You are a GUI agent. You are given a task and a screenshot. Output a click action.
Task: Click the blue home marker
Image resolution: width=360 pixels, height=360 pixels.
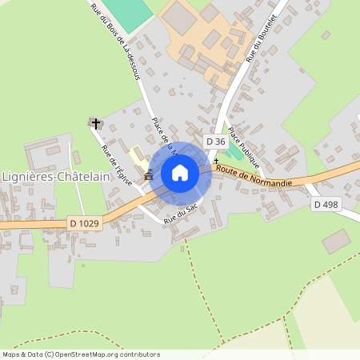click(x=180, y=173)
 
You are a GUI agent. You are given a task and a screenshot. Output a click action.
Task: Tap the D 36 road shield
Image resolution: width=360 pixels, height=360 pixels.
click(x=215, y=142)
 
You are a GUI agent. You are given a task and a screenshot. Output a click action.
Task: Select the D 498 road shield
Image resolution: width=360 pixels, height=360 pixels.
click(x=325, y=205)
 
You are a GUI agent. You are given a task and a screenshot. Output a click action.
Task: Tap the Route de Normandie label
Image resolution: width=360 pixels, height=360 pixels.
click(x=254, y=177)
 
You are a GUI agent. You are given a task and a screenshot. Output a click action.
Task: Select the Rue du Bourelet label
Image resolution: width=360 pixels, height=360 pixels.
click(x=262, y=38)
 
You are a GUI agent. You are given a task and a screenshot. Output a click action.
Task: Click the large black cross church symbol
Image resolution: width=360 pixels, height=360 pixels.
click(x=96, y=123)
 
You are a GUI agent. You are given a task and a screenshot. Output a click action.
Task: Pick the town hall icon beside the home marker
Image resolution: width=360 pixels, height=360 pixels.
click(x=149, y=176)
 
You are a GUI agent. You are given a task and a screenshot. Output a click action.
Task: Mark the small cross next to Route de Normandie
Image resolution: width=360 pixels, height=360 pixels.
click(x=215, y=161)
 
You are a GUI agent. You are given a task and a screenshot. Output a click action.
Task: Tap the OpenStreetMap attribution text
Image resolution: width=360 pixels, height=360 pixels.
click(x=81, y=354)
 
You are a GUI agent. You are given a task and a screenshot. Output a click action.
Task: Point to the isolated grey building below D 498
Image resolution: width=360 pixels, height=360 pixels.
click(x=336, y=240)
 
